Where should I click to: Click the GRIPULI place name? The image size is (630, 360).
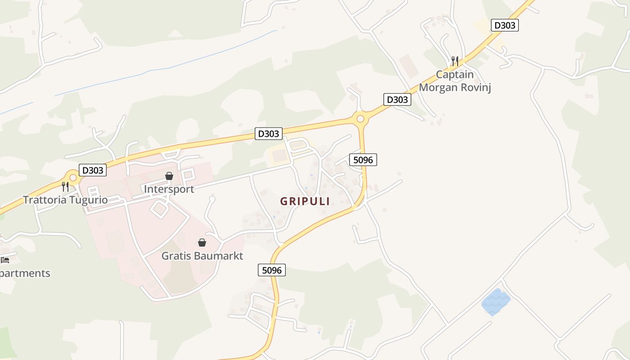(305, 201)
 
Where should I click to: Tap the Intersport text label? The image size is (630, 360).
(169, 189)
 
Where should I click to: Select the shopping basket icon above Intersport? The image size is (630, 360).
(169, 176)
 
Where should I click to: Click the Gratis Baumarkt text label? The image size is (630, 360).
(202, 256)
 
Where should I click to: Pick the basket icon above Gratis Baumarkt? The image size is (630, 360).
(202, 243)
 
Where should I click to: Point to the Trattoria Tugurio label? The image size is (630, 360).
(65, 200)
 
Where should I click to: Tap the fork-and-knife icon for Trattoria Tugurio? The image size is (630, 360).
(65, 186)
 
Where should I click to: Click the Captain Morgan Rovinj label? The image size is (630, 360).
(454, 81)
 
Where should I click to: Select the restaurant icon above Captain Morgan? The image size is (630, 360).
(455, 61)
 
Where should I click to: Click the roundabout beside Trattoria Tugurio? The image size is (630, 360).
(73, 178)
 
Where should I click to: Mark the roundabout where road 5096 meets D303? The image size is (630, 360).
(360, 119)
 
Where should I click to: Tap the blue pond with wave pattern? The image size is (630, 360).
(495, 302)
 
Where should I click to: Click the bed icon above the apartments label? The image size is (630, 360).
(5, 260)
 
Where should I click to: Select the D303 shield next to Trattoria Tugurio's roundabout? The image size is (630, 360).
(93, 170)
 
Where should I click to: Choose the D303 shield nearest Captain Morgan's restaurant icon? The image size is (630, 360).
(504, 25)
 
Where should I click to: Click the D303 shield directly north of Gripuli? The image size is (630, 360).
(269, 134)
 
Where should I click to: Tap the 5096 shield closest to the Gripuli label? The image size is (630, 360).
(363, 159)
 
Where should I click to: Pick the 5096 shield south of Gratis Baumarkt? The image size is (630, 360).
(272, 270)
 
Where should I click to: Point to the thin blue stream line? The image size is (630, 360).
(180, 63)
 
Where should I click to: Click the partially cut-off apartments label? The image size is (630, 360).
(25, 273)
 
